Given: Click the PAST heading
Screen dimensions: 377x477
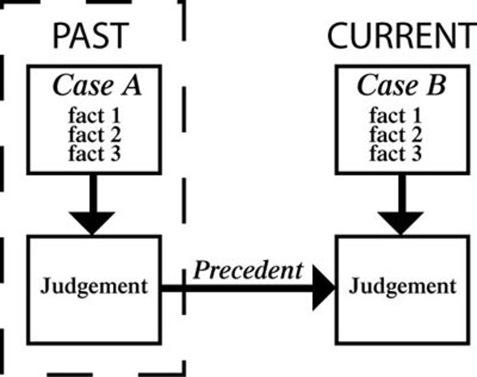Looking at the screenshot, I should click(90, 36).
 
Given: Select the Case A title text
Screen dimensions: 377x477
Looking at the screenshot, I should click(97, 85).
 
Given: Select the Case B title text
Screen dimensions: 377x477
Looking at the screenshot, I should click(401, 85).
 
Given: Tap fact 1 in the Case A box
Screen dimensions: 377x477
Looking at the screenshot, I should click(94, 116).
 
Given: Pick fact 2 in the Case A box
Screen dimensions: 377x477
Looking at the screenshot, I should click(94, 135).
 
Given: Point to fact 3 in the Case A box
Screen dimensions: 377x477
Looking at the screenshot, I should click(94, 154).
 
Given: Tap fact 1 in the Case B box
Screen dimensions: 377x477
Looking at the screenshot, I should click(396, 116).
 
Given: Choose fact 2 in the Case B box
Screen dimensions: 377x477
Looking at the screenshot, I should click(396, 135).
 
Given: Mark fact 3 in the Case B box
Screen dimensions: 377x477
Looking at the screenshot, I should click(396, 154).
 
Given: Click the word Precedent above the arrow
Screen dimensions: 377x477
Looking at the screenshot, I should click(248, 270).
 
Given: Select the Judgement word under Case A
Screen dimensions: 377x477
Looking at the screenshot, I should click(94, 286).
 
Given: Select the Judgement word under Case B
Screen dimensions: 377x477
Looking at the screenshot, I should click(402, 286).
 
